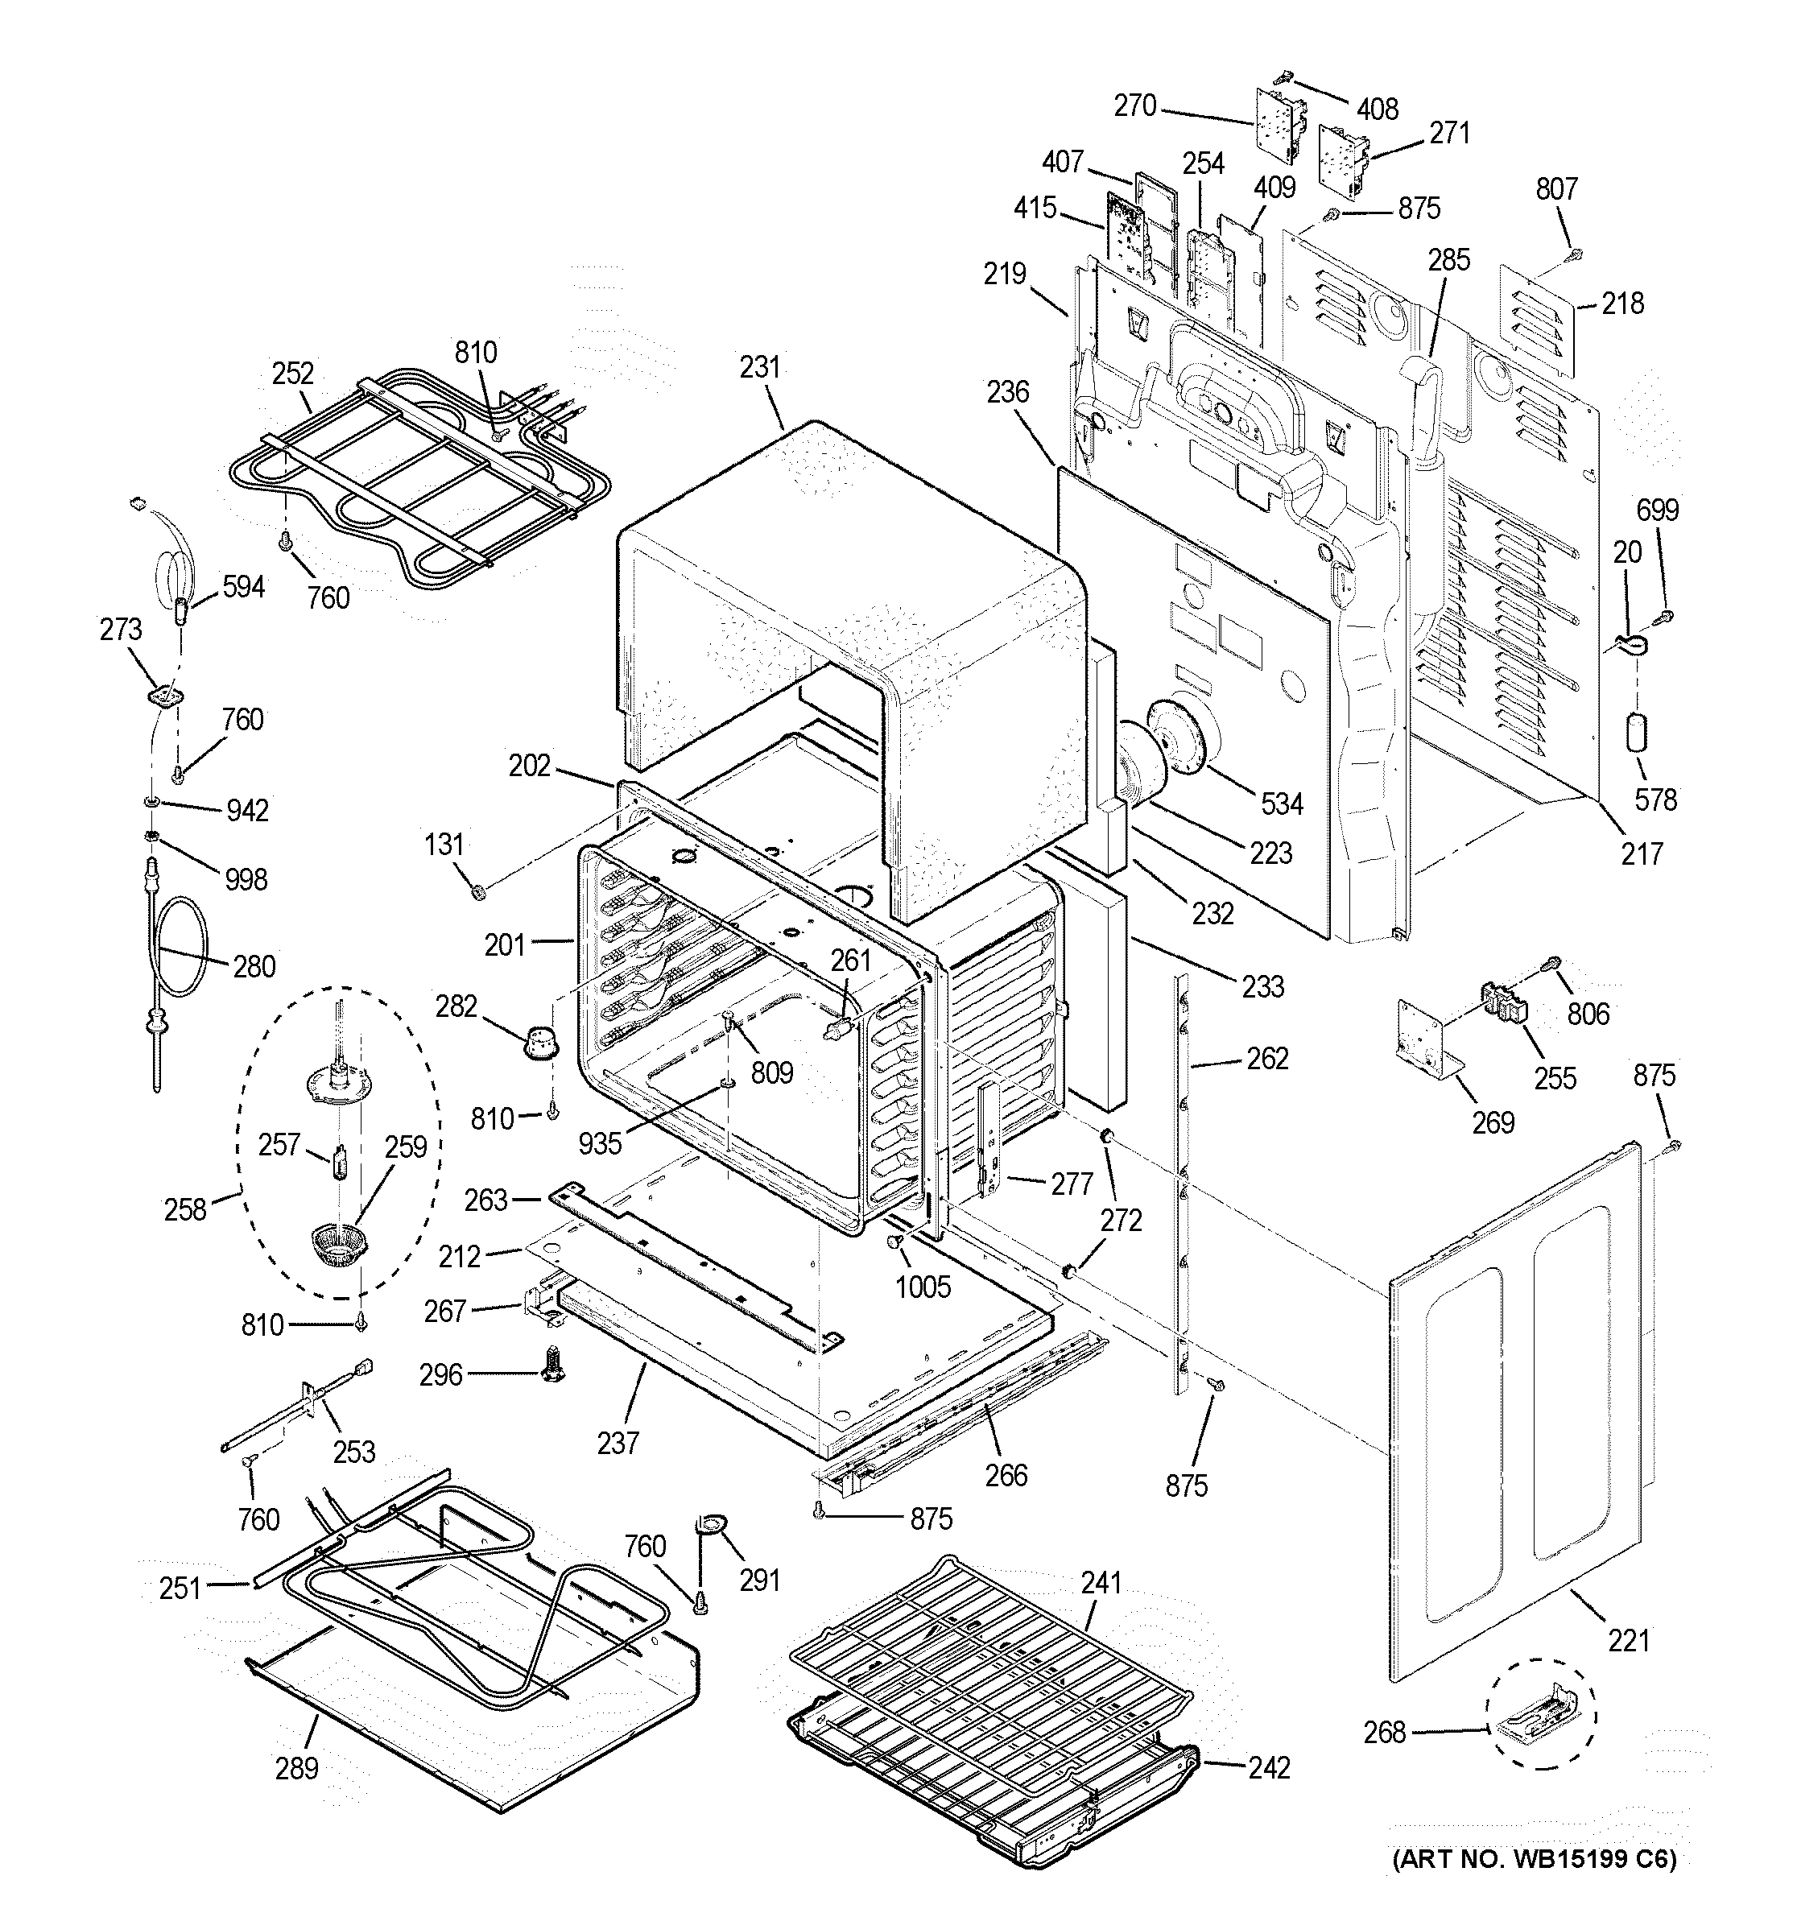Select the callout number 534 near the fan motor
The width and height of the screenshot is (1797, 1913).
pyautogui.click(x=1282, y=804)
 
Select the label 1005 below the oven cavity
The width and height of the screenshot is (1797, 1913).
pyautogui.click(x=923, y=1287)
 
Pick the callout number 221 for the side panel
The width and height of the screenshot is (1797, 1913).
pyautogui.click(x=1628, y=1640)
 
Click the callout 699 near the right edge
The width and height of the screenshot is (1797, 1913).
pyautogui.click(x=1657, y=510)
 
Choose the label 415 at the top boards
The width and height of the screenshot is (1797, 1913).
pyautogui.click(x=1035, y=208)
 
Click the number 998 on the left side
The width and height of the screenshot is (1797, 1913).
pyautogui.click(x=246, y=878)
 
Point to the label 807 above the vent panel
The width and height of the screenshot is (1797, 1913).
pyautogui.click(x=1555, y=188)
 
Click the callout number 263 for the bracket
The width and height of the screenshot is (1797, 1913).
pyautogui.click(x=485, y=1200)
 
